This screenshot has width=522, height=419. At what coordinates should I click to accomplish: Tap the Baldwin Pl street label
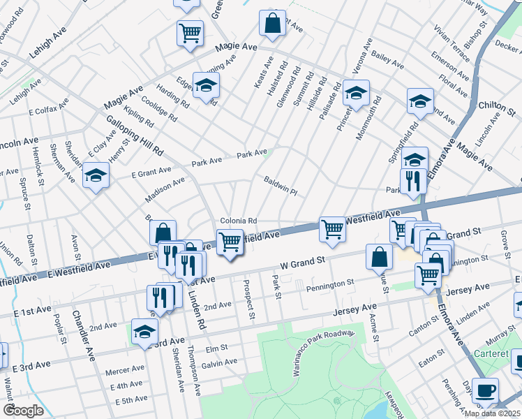tap(281, 186)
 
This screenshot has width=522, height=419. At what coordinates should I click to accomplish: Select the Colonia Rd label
tap(239, 221)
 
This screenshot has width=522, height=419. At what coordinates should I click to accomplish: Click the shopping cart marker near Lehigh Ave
tap(190, 33)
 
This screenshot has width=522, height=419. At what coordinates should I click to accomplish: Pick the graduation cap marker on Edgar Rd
tap(206, 86)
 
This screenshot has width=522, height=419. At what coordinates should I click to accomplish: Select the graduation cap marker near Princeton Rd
tap(356, 93)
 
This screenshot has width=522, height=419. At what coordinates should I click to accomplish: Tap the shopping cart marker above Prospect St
tap(230, 242)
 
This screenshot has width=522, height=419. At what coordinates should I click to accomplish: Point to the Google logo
tap(23, 411)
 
